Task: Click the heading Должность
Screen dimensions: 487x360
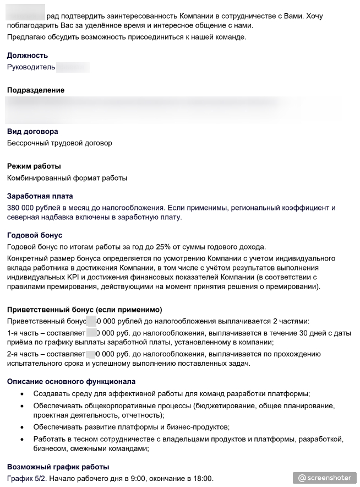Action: (28, 55)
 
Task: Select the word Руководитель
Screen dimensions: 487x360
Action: (31, 67)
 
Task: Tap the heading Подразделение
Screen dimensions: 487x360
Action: (36, 90)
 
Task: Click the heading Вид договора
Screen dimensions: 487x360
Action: (32, 131)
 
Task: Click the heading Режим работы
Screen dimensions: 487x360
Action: (34, 166)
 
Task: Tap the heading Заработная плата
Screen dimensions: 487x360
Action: (40, 196)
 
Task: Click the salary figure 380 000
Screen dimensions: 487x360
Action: (21, 208)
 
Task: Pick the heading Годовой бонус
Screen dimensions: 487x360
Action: (35, 235)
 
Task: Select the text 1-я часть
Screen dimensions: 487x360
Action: (23, 333)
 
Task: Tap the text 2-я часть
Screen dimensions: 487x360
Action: (23, 354)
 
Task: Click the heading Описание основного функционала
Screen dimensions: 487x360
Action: (71, 381)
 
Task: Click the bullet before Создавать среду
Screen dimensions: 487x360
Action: (21, 394)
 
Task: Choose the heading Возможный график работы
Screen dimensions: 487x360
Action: (58, 467)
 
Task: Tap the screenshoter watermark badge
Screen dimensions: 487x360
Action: (324, 478)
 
